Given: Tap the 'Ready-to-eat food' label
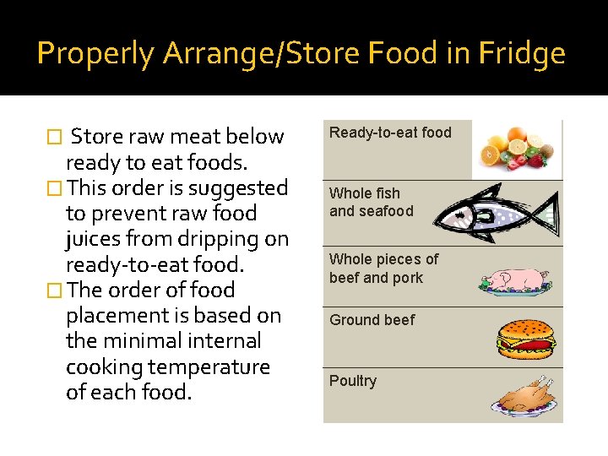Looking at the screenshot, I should (390, 133).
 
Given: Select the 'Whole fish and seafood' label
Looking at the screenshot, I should (371, 203).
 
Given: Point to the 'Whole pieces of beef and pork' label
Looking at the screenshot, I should (383, 269).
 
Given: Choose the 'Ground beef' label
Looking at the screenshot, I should (372, 320).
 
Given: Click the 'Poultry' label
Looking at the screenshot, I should (353, 381).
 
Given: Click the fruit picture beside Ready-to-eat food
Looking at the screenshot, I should (516, 148).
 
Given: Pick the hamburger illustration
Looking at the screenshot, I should (526, 339).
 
